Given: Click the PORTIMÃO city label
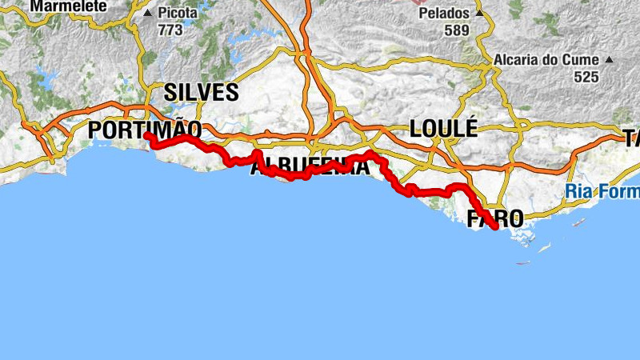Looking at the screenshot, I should click(145, 130).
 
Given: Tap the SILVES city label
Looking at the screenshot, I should click(201, 92).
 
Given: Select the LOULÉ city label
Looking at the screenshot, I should click(442, 128).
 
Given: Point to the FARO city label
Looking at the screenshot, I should click(495, 218).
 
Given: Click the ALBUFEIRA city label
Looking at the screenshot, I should click(310, 167).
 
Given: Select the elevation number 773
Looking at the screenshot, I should click(170, 30).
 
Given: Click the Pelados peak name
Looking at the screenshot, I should click(442, 14).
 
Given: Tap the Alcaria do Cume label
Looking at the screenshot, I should click(546, 60).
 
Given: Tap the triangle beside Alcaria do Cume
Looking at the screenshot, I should click(610, 60).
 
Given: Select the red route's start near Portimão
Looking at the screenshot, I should click(148, 136).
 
